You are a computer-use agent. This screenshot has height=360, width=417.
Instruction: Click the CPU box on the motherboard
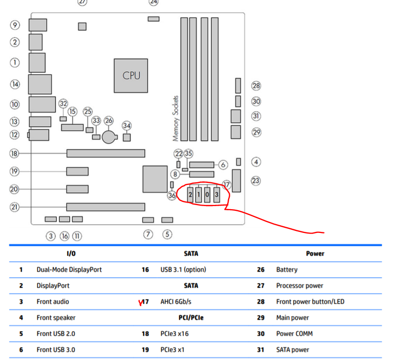[x=131, y=75]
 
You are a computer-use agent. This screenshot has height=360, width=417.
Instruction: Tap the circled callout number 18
[x=14, y=153]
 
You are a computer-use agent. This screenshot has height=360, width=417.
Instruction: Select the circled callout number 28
[x=256, y=86]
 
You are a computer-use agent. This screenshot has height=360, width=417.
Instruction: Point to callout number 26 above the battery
[x=108, y=121]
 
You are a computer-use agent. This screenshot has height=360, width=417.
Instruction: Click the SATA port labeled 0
[x=207, y=195]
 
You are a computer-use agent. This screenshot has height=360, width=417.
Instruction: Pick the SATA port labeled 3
[x=216, y=195]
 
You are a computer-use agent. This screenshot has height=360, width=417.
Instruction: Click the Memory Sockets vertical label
[x=176, y=118]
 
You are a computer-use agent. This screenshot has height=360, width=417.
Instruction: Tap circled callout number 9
[x=14, y=24]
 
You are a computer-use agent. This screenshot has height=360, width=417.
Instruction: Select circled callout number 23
[x=256, y=181]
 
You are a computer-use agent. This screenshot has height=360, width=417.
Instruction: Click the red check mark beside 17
[x=139, y=303]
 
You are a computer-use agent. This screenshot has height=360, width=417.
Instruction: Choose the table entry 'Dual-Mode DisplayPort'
[x=69, y=270]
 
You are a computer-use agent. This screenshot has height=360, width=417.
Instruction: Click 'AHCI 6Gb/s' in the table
[x=180, y=302]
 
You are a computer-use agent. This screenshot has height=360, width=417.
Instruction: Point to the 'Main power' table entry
[x=293, y=318]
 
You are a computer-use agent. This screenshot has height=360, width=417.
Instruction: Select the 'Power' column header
[x=315, y=254]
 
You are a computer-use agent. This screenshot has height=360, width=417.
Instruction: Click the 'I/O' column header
[x=72, y=254]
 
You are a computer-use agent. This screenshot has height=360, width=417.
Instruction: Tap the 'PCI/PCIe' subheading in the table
[x=190, y=318]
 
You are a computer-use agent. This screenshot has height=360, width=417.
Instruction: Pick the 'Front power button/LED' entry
[x=310, y=302]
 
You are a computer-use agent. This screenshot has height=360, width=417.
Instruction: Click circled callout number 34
[x=127, y=126]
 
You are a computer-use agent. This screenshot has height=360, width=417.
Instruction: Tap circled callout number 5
[x=167, y=234]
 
